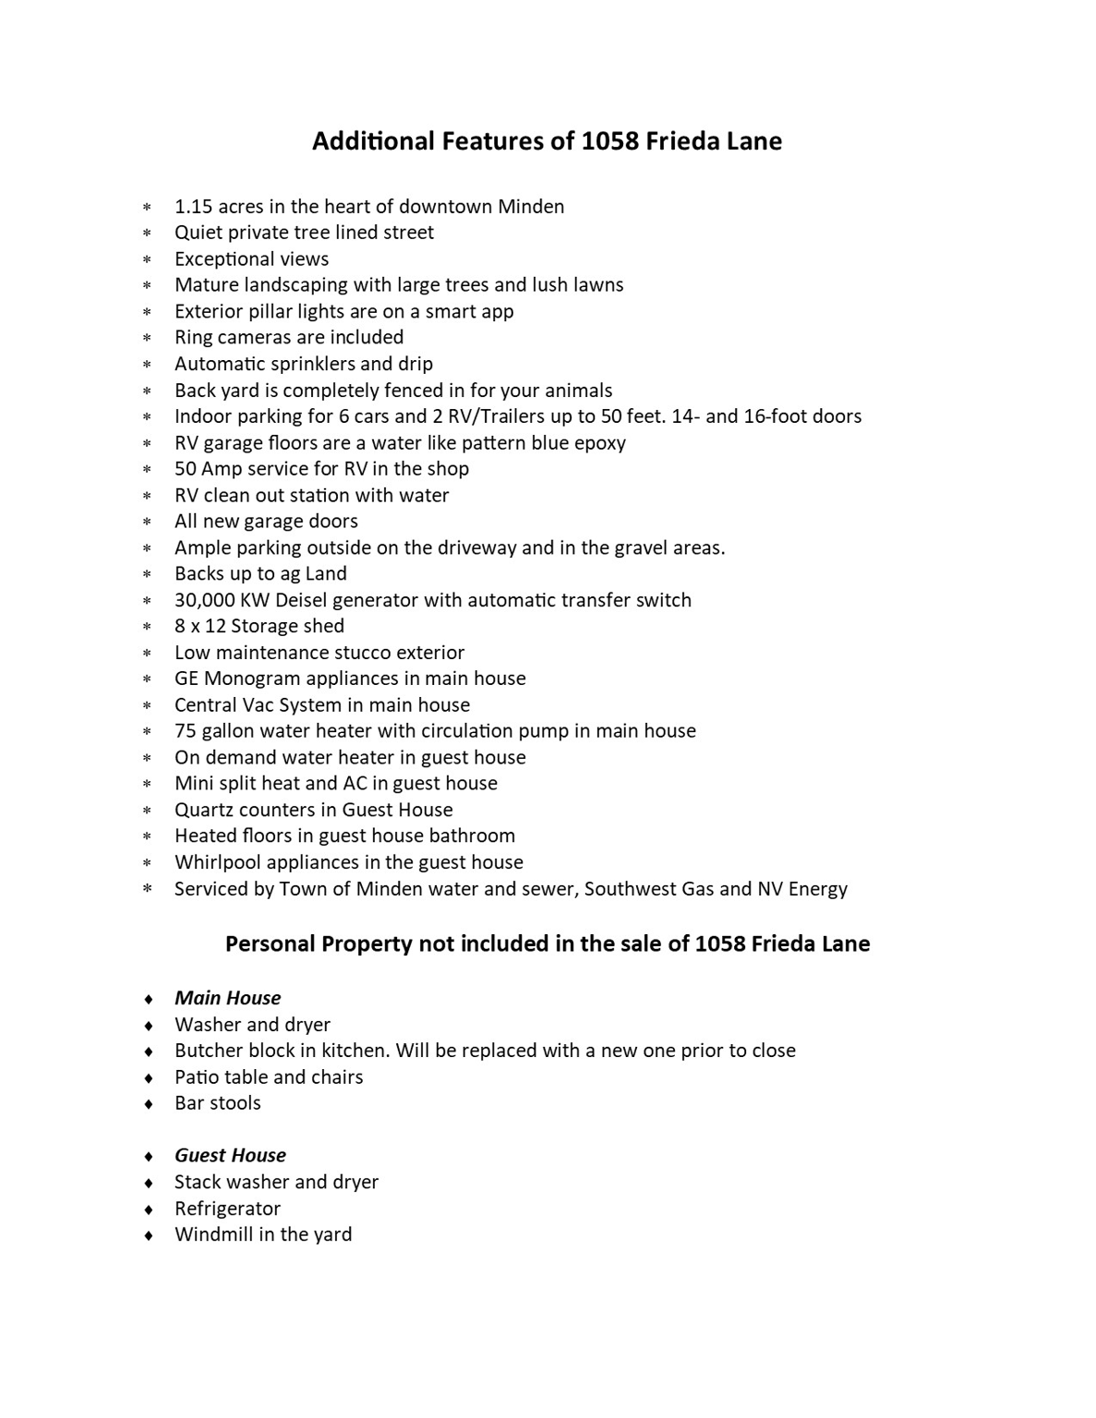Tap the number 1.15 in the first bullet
click(x=193, y=207)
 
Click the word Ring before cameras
click(x=193, y=338)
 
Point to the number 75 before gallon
click(x=186, y=731)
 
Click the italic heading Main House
click(x=227, y=998)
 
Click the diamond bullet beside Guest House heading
click(x=148, y=1157)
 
